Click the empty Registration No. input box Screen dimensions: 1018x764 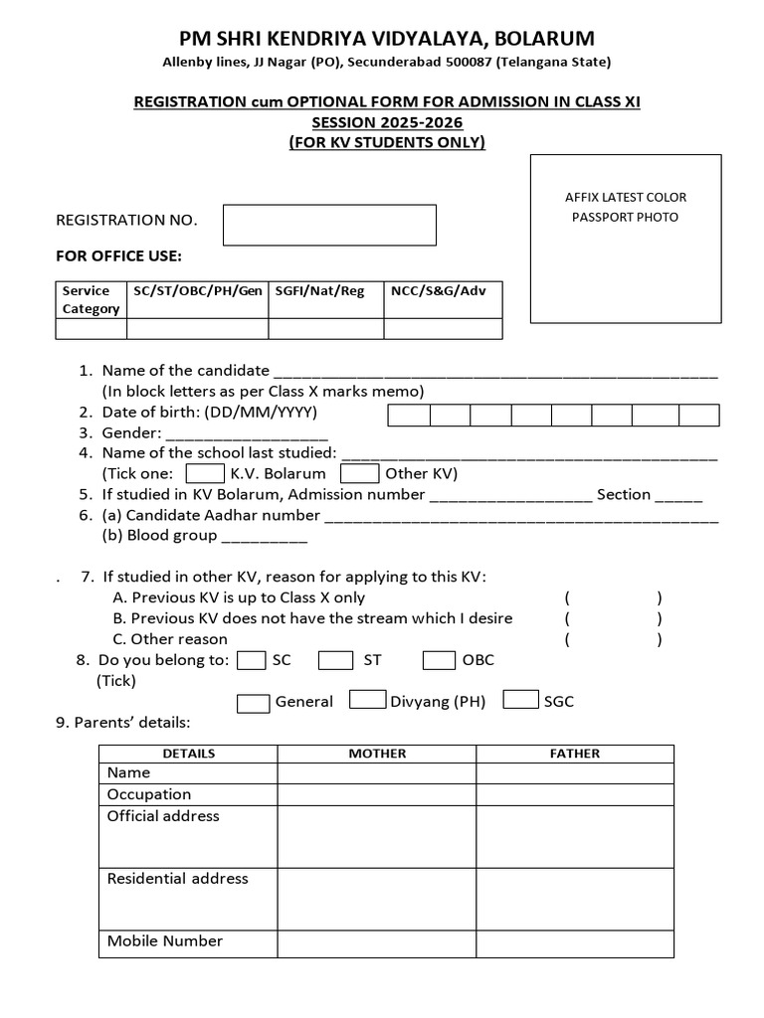click(x=329, y=225)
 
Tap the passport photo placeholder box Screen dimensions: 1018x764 click(x=626, y=239)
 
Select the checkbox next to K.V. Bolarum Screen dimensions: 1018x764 click(x=205, y=474)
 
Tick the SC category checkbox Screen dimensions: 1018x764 click(x=253, y=660)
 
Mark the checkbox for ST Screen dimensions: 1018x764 click(x=335, y=660)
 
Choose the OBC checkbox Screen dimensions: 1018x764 click(x=439, y=660)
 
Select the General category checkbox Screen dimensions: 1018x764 click(x=253, y=702)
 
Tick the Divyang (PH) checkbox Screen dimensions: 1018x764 click(x=368, y=700)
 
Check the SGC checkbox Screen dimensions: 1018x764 click(x=520, y=700)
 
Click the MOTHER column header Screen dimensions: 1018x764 click(x=377, y=754)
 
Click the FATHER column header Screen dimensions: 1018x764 click(x=575, y=754)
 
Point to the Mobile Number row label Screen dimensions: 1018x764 click(x=165, y=941)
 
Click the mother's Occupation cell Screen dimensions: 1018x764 click(x=377, y=794)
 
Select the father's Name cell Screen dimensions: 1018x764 click(x=575, y=772)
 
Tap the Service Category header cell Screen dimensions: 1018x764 click(x=91, y=299)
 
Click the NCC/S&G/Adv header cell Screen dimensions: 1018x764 click(x=443, y=291)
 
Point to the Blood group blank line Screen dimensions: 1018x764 click(x=264, y=538)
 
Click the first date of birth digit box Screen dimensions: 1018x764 click(x=409, y=416)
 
